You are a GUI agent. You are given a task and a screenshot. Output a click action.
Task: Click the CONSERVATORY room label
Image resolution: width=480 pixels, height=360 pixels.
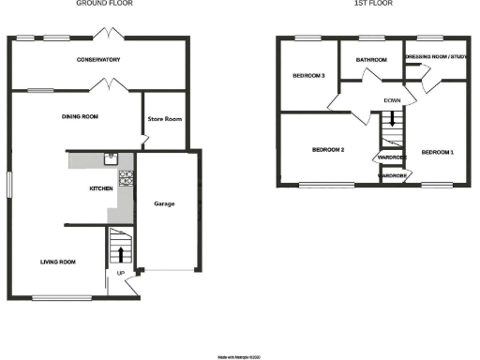tap(98, 60)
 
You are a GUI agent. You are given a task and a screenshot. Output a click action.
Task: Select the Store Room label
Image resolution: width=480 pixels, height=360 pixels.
tap(163, 118)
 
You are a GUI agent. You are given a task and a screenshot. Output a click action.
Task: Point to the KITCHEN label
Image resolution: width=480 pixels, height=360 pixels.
tap(101, 189)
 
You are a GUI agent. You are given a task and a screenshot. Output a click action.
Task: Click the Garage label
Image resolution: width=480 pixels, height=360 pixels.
tap(164, 203)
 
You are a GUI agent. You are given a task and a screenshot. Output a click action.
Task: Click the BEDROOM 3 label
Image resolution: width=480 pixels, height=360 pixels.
tap(308, 76)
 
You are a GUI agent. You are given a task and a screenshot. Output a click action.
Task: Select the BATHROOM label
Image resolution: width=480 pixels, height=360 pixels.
tap(371, 60)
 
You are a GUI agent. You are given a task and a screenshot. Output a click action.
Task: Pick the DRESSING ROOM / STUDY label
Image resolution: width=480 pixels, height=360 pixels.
tap(435, 56)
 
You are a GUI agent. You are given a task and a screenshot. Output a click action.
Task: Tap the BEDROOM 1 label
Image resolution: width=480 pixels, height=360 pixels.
tap(437, 151)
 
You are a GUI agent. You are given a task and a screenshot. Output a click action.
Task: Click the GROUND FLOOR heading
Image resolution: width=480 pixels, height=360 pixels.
tap(102, 4)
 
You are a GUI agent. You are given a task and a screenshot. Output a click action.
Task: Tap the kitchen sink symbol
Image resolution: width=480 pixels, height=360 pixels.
tap(112, 158)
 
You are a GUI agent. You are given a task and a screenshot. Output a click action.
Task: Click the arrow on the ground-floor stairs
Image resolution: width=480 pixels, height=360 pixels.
tap(119, 250)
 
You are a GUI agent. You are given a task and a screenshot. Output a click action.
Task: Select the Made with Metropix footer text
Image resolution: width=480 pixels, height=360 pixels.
tap(241, 356)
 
